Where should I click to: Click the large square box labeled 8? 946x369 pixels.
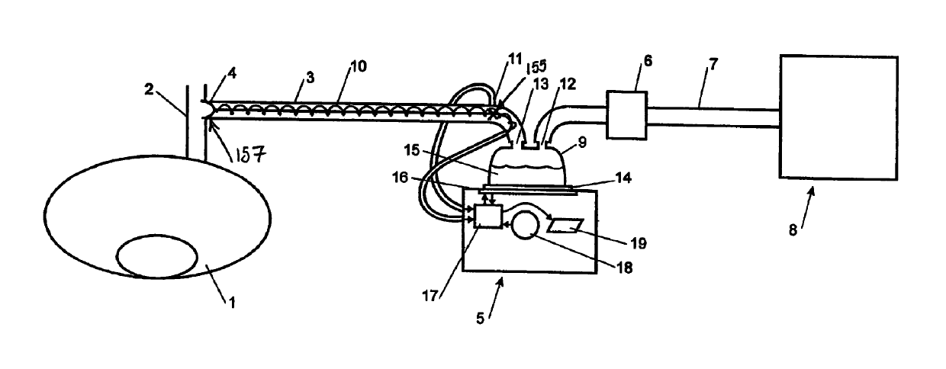838,117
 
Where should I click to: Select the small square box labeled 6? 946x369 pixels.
626,115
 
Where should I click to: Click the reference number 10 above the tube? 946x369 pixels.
358,66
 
